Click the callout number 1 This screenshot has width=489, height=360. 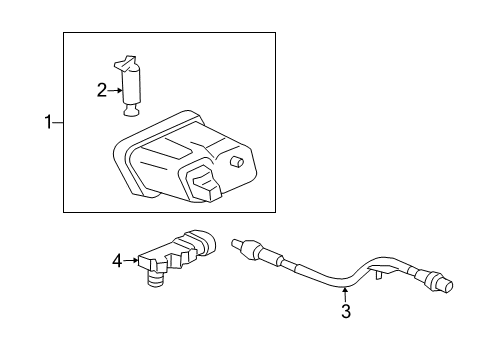click(x=46, y=122)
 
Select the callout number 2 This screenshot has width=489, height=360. click(x=101, y=90)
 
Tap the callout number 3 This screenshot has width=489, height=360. click(x=345, y=313)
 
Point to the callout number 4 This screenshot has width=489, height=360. click(x=116, y=261)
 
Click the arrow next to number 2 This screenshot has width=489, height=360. click(x=114, y=90)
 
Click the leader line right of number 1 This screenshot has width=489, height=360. click(x=58, y=122)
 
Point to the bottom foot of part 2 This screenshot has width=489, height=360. click(x=131, y=110)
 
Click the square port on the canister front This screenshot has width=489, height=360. click(x=205, y=181)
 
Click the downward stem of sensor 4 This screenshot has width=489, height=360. click(x=156, y=281)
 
